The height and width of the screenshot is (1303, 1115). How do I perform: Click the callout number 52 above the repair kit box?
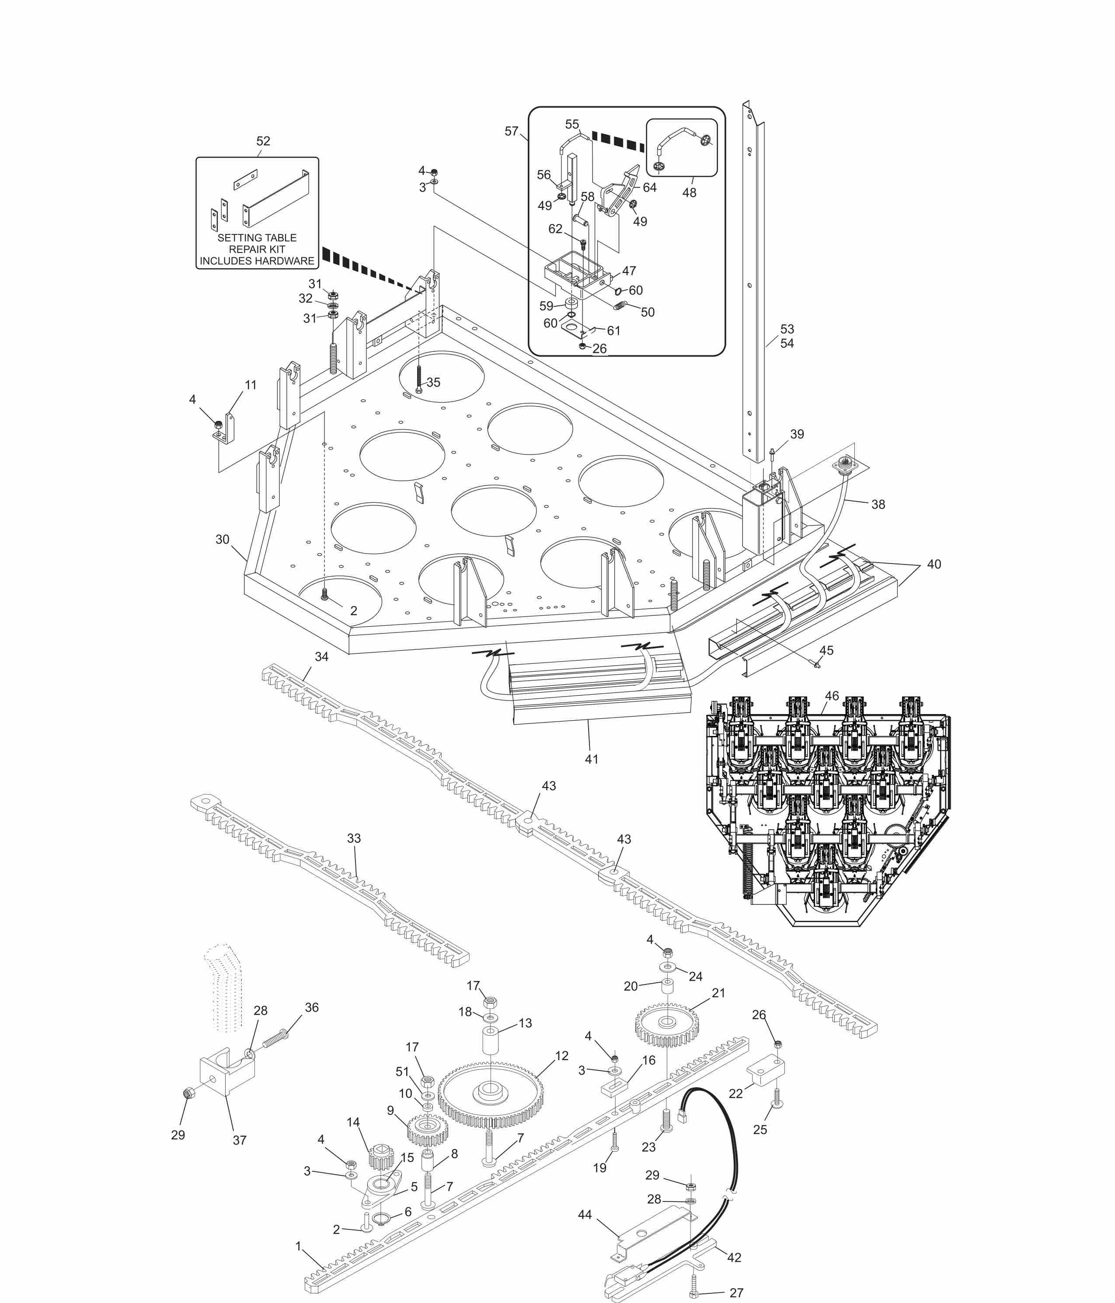click(x=263, y=141)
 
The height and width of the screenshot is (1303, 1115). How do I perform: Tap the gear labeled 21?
click(x=667, y=1023)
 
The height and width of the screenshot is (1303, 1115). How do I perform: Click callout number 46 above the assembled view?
click(x=832, y=696)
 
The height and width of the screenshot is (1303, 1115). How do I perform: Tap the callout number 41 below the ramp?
click(x=592, y=759)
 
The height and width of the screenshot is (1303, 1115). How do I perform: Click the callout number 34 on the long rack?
click(x=321, y=656)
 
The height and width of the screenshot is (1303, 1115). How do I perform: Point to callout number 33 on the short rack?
click(x=354, y=838)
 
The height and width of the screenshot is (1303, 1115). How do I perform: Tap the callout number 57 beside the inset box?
click(x=512, y=131)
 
